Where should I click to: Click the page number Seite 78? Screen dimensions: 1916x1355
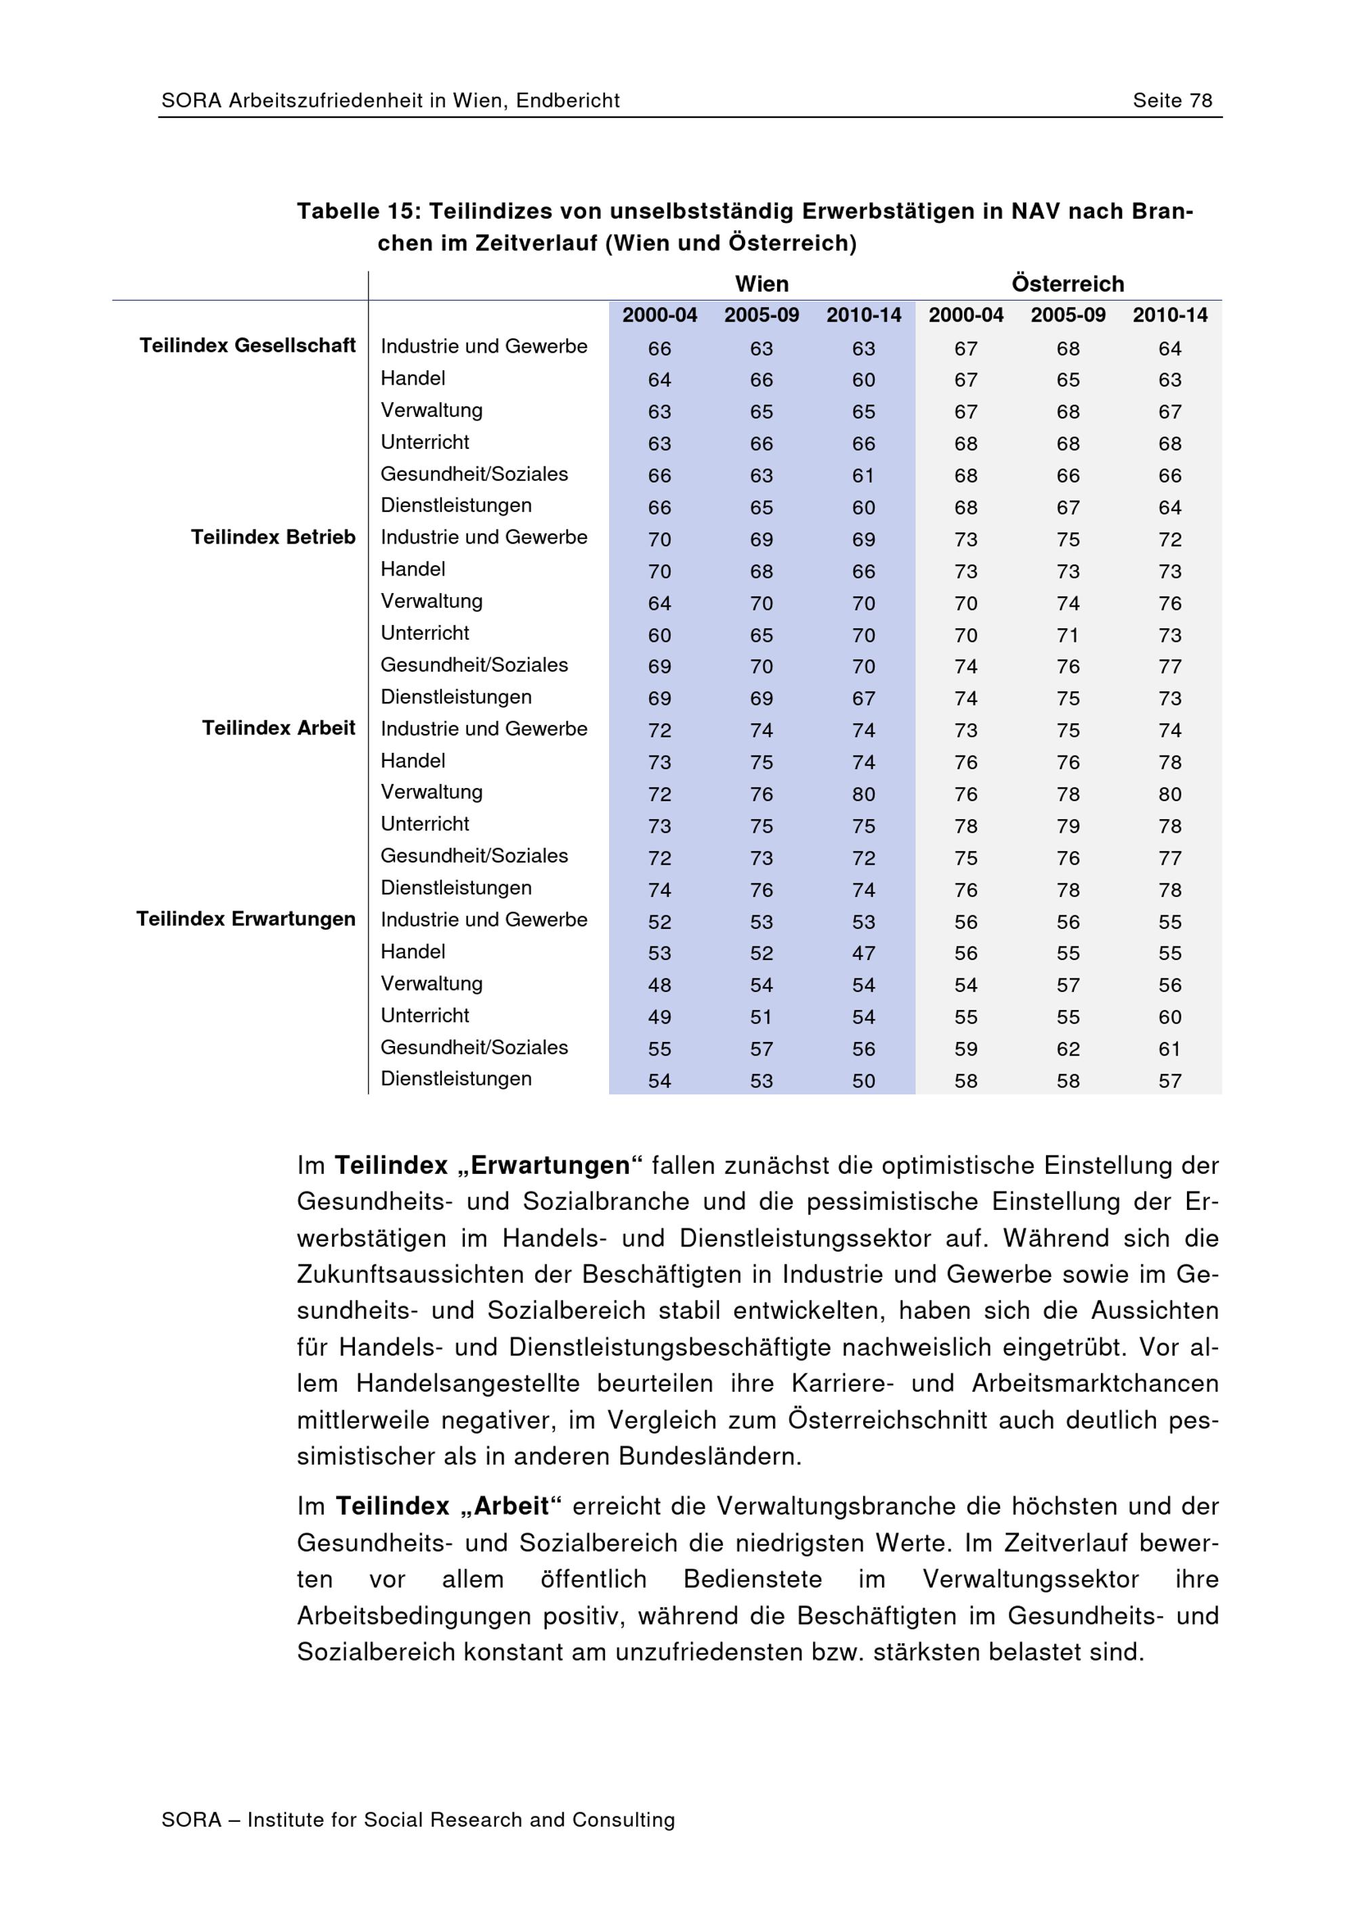(x=1171, y=101)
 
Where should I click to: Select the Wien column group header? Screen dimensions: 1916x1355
(x=762, y=284)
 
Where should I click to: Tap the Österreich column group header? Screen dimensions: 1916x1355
(x=1067, y=284)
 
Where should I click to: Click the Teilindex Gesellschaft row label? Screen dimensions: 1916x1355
(x=247, y=345)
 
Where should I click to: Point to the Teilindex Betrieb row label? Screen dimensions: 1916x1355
(x=273, y=537)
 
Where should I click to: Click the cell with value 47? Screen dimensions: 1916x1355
(x=863, y=953)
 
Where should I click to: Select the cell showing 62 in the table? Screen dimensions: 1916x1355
(x=1068, y=1049)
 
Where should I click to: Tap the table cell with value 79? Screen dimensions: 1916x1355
(x=1068, y=826)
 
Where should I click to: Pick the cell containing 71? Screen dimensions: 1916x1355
(x=1068, y=635)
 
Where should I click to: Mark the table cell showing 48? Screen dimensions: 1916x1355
(x=660, y=984)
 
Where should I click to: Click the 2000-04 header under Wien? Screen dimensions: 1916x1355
(x=660, y=315)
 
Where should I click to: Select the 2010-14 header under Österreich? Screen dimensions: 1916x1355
(x=1169, y=315)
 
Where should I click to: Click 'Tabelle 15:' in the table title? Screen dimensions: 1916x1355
(x=359, y=211)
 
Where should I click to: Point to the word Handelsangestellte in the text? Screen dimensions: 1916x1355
(x=467, y=1384)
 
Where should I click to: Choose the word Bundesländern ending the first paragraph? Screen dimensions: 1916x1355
(x=709, y=1456)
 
